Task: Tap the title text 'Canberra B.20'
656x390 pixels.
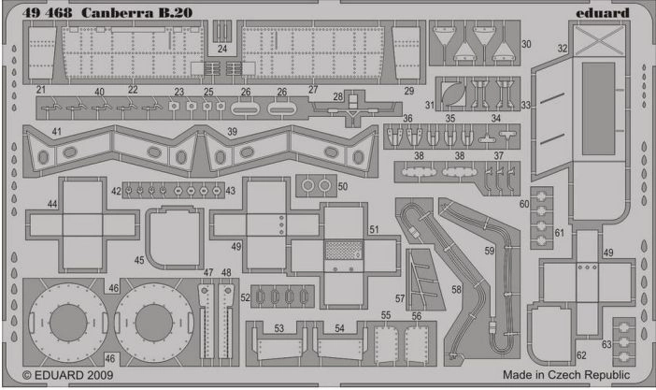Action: click(x=122, y=12)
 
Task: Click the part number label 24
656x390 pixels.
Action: click(x=222, y=48)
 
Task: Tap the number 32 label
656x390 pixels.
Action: click(x=563, y=47)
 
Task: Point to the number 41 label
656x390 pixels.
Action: click(x=57, y=133)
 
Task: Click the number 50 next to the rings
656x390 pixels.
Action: click(x=342, y=187)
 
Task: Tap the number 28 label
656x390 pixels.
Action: click(x=338, y=97)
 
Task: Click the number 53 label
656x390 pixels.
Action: click(x=278, y=328)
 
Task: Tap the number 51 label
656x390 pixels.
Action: click(x=373, y=229)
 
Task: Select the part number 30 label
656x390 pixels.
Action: click(x=526, y=44)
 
